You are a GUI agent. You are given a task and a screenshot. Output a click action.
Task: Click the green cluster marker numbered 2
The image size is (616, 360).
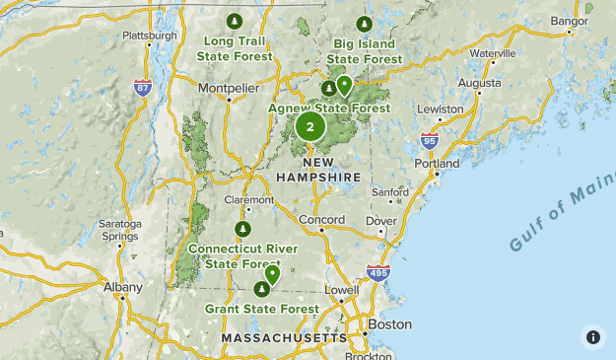coord(310,126)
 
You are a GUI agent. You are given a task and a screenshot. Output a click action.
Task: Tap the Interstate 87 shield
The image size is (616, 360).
coord(144,88)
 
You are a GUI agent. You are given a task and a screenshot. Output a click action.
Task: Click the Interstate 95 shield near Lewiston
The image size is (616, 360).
coord(429,141)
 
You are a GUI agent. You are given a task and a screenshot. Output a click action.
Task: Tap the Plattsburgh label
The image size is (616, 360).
coord(149,36)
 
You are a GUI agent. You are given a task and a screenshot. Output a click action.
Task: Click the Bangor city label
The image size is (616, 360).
coord(570,20)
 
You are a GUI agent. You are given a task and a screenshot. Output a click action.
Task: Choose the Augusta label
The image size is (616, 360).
coord(480,84)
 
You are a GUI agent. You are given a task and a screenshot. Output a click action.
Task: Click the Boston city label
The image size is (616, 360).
coord(388,324)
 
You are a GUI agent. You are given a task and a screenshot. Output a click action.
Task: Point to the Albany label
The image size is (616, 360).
coord(122,288)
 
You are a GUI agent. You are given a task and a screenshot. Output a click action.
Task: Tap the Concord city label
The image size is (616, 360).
coord(321,219)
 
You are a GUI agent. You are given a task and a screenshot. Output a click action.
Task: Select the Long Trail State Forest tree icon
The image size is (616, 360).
coord(234,21)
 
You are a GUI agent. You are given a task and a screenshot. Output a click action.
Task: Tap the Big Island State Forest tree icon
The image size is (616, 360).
coord(364,25)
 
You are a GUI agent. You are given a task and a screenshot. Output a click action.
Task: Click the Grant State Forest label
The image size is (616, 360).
coord(262,309)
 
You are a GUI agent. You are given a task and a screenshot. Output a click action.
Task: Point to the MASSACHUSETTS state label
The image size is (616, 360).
coord(285,338)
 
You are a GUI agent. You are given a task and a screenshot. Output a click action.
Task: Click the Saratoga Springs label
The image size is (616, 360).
coord(119,231)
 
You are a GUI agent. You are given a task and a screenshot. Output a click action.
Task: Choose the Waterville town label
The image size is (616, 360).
coord(494,52)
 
